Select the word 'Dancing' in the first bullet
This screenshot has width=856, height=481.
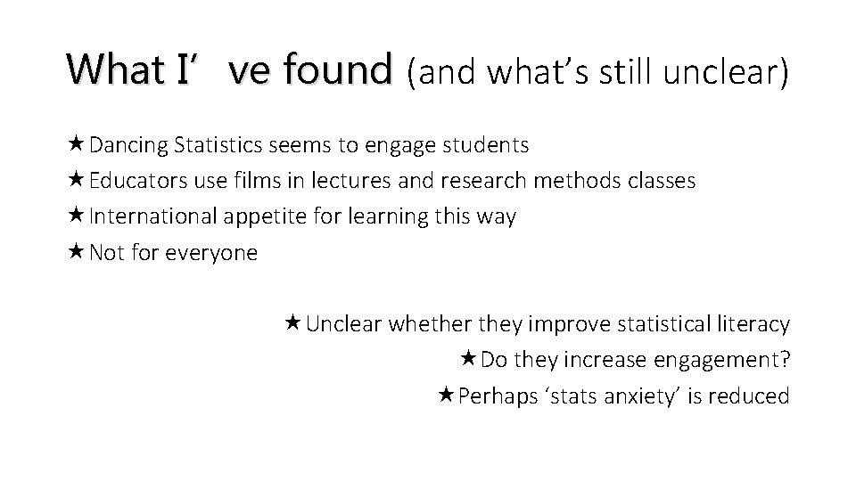tap(129, 144)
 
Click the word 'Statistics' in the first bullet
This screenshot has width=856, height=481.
tap(218, 144)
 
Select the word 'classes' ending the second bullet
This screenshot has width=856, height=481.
tap(658, 181)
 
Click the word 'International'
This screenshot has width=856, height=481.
tap(153, 217)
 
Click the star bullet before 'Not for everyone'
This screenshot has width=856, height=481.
tap(77, 252)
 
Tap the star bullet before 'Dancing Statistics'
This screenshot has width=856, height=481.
tap(77, 143)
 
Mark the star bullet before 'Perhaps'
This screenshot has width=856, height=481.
tap(447, 395)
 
